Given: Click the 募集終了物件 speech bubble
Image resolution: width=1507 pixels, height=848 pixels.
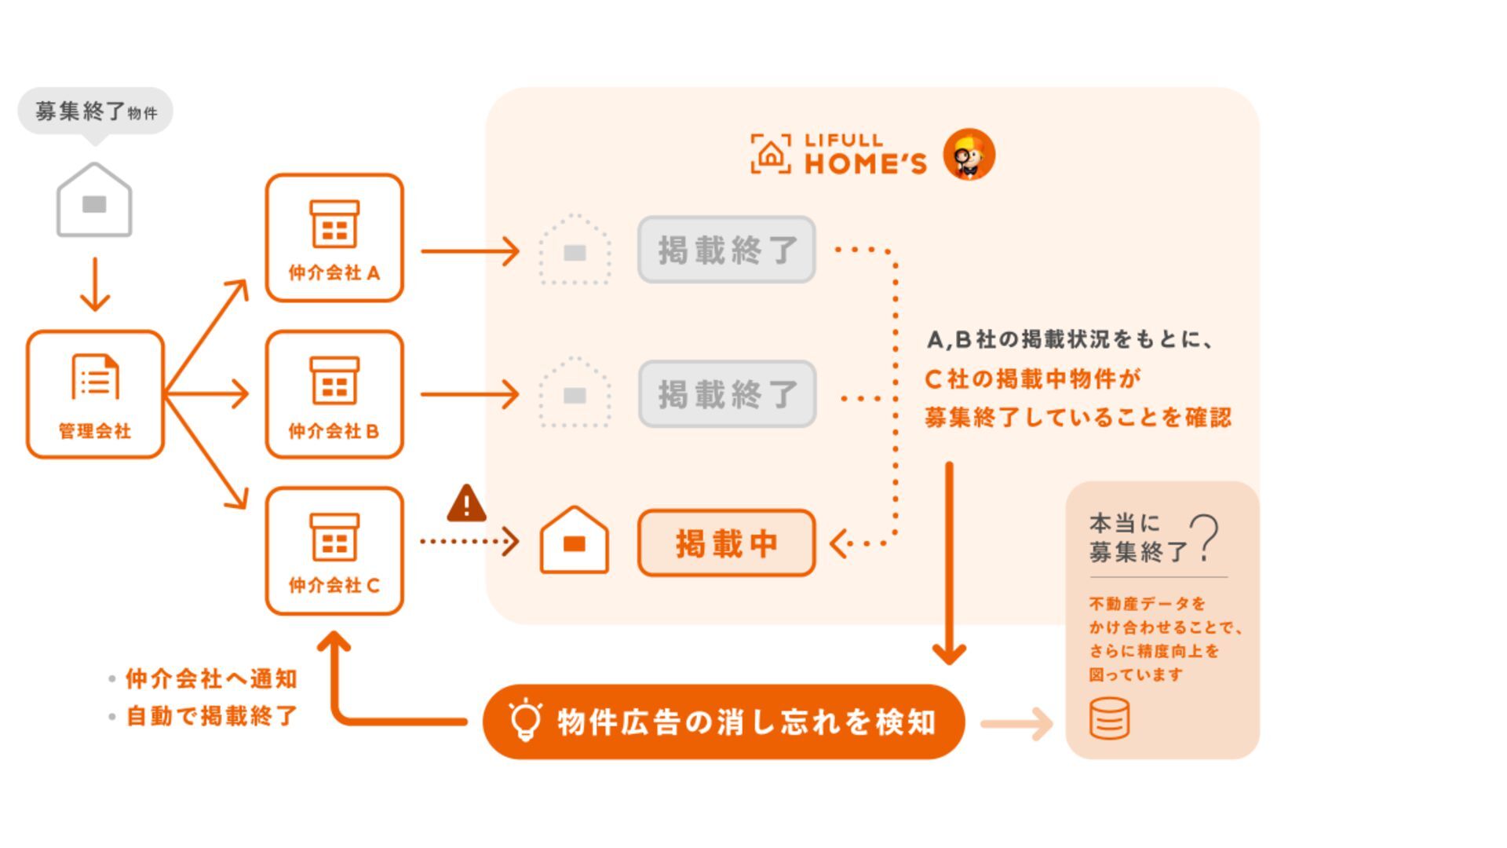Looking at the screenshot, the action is tap(95, 111).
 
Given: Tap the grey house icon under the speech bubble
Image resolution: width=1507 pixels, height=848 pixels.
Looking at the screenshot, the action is tap(94, 201).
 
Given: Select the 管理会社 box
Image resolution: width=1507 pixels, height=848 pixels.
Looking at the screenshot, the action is tap(95, 394).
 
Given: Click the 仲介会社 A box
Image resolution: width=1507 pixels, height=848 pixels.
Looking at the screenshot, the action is tap(334, 238).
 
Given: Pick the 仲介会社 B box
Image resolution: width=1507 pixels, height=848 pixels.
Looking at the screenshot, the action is tap(334, 394).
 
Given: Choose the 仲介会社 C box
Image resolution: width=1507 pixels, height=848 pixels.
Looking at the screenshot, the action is tap(334, 550).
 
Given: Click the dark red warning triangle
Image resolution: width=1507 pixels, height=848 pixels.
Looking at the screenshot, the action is tap(466, 505).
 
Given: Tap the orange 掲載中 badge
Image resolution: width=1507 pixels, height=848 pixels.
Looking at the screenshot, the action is tap(726, 543).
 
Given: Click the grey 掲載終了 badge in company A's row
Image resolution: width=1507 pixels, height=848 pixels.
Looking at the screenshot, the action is tap(726, 250).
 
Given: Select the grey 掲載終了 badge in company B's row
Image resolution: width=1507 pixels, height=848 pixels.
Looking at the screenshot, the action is tap(726, 394).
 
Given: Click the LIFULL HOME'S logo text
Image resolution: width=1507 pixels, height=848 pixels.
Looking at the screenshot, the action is tap(864, 154).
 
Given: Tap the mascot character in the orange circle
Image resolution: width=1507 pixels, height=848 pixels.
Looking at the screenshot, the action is tap(969, 155).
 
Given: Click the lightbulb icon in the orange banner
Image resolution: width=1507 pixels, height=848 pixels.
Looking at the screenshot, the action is tap(525, 721).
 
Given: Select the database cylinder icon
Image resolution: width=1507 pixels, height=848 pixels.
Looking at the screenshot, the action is tap(1110, 718).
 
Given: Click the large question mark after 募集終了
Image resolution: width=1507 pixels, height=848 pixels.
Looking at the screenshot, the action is tap(1205, 538).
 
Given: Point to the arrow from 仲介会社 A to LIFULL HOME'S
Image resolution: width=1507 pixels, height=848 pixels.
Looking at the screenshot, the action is tap(469, 251).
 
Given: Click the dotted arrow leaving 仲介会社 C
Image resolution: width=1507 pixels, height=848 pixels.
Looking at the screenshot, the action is tap(469, 541).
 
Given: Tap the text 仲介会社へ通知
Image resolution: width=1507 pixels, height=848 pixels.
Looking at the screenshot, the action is tap(211, 678).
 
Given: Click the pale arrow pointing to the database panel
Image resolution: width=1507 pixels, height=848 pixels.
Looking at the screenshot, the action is tap(1016, 723).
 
